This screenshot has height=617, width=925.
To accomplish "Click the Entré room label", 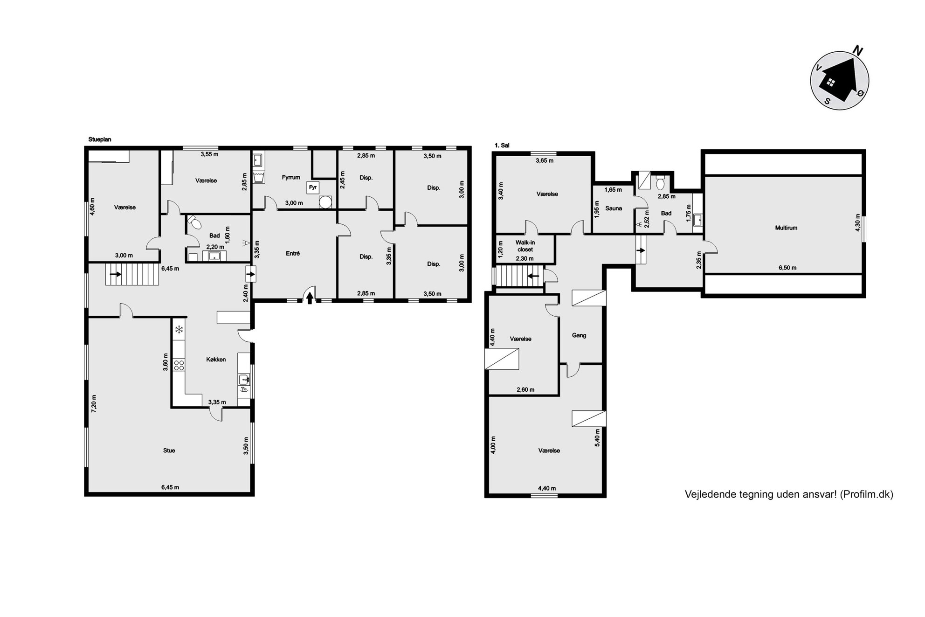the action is pos(293,253).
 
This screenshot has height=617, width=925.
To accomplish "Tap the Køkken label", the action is pos(216,359).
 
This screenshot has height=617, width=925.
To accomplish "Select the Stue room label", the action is pos(169,451).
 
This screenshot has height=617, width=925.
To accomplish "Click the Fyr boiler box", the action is pos(313,187).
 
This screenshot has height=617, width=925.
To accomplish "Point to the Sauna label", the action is pos(614,208).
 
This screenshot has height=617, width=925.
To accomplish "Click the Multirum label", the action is pos(786,228).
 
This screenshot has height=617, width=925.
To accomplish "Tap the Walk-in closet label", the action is pos(525,246).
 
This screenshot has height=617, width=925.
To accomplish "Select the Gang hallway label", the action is pos(579,335).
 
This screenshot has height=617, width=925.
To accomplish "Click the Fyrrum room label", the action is pos(291,177).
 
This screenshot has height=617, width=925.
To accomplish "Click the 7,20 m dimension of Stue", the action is pos(94,403).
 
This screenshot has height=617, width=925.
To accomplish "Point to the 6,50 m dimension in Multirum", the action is pos(787,268).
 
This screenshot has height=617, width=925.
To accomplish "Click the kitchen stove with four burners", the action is pos(179,365).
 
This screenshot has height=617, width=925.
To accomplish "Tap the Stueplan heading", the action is pos(100,139).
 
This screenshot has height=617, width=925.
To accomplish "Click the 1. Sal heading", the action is pos(502,146).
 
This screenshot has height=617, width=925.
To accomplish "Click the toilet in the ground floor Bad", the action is pos(195,223).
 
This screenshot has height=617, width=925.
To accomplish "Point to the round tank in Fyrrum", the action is pos(325,202).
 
